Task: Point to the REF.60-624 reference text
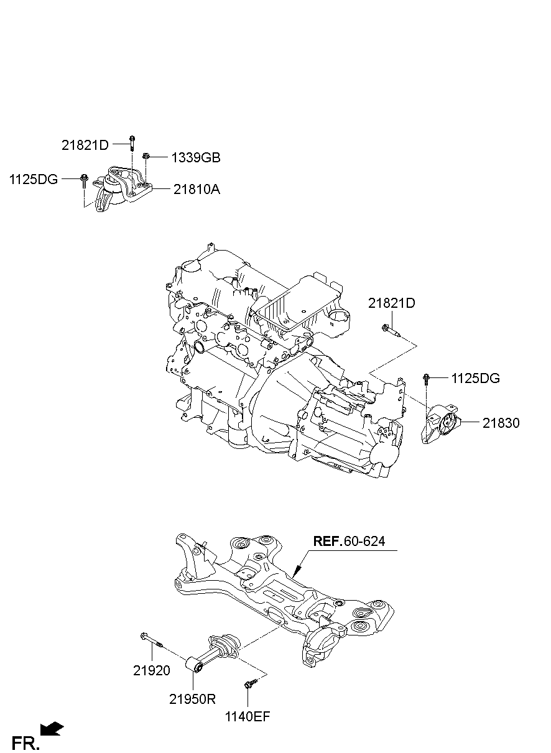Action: (349, 541)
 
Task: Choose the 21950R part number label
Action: (192, 698)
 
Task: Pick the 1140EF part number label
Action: (248, 716)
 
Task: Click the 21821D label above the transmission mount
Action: (391, 303)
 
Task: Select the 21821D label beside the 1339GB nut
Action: (85, 146)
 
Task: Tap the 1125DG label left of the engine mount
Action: (34, 180)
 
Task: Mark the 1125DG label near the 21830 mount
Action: (475, 378)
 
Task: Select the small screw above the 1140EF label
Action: (249, 685)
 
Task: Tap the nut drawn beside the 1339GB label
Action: (145, 157)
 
